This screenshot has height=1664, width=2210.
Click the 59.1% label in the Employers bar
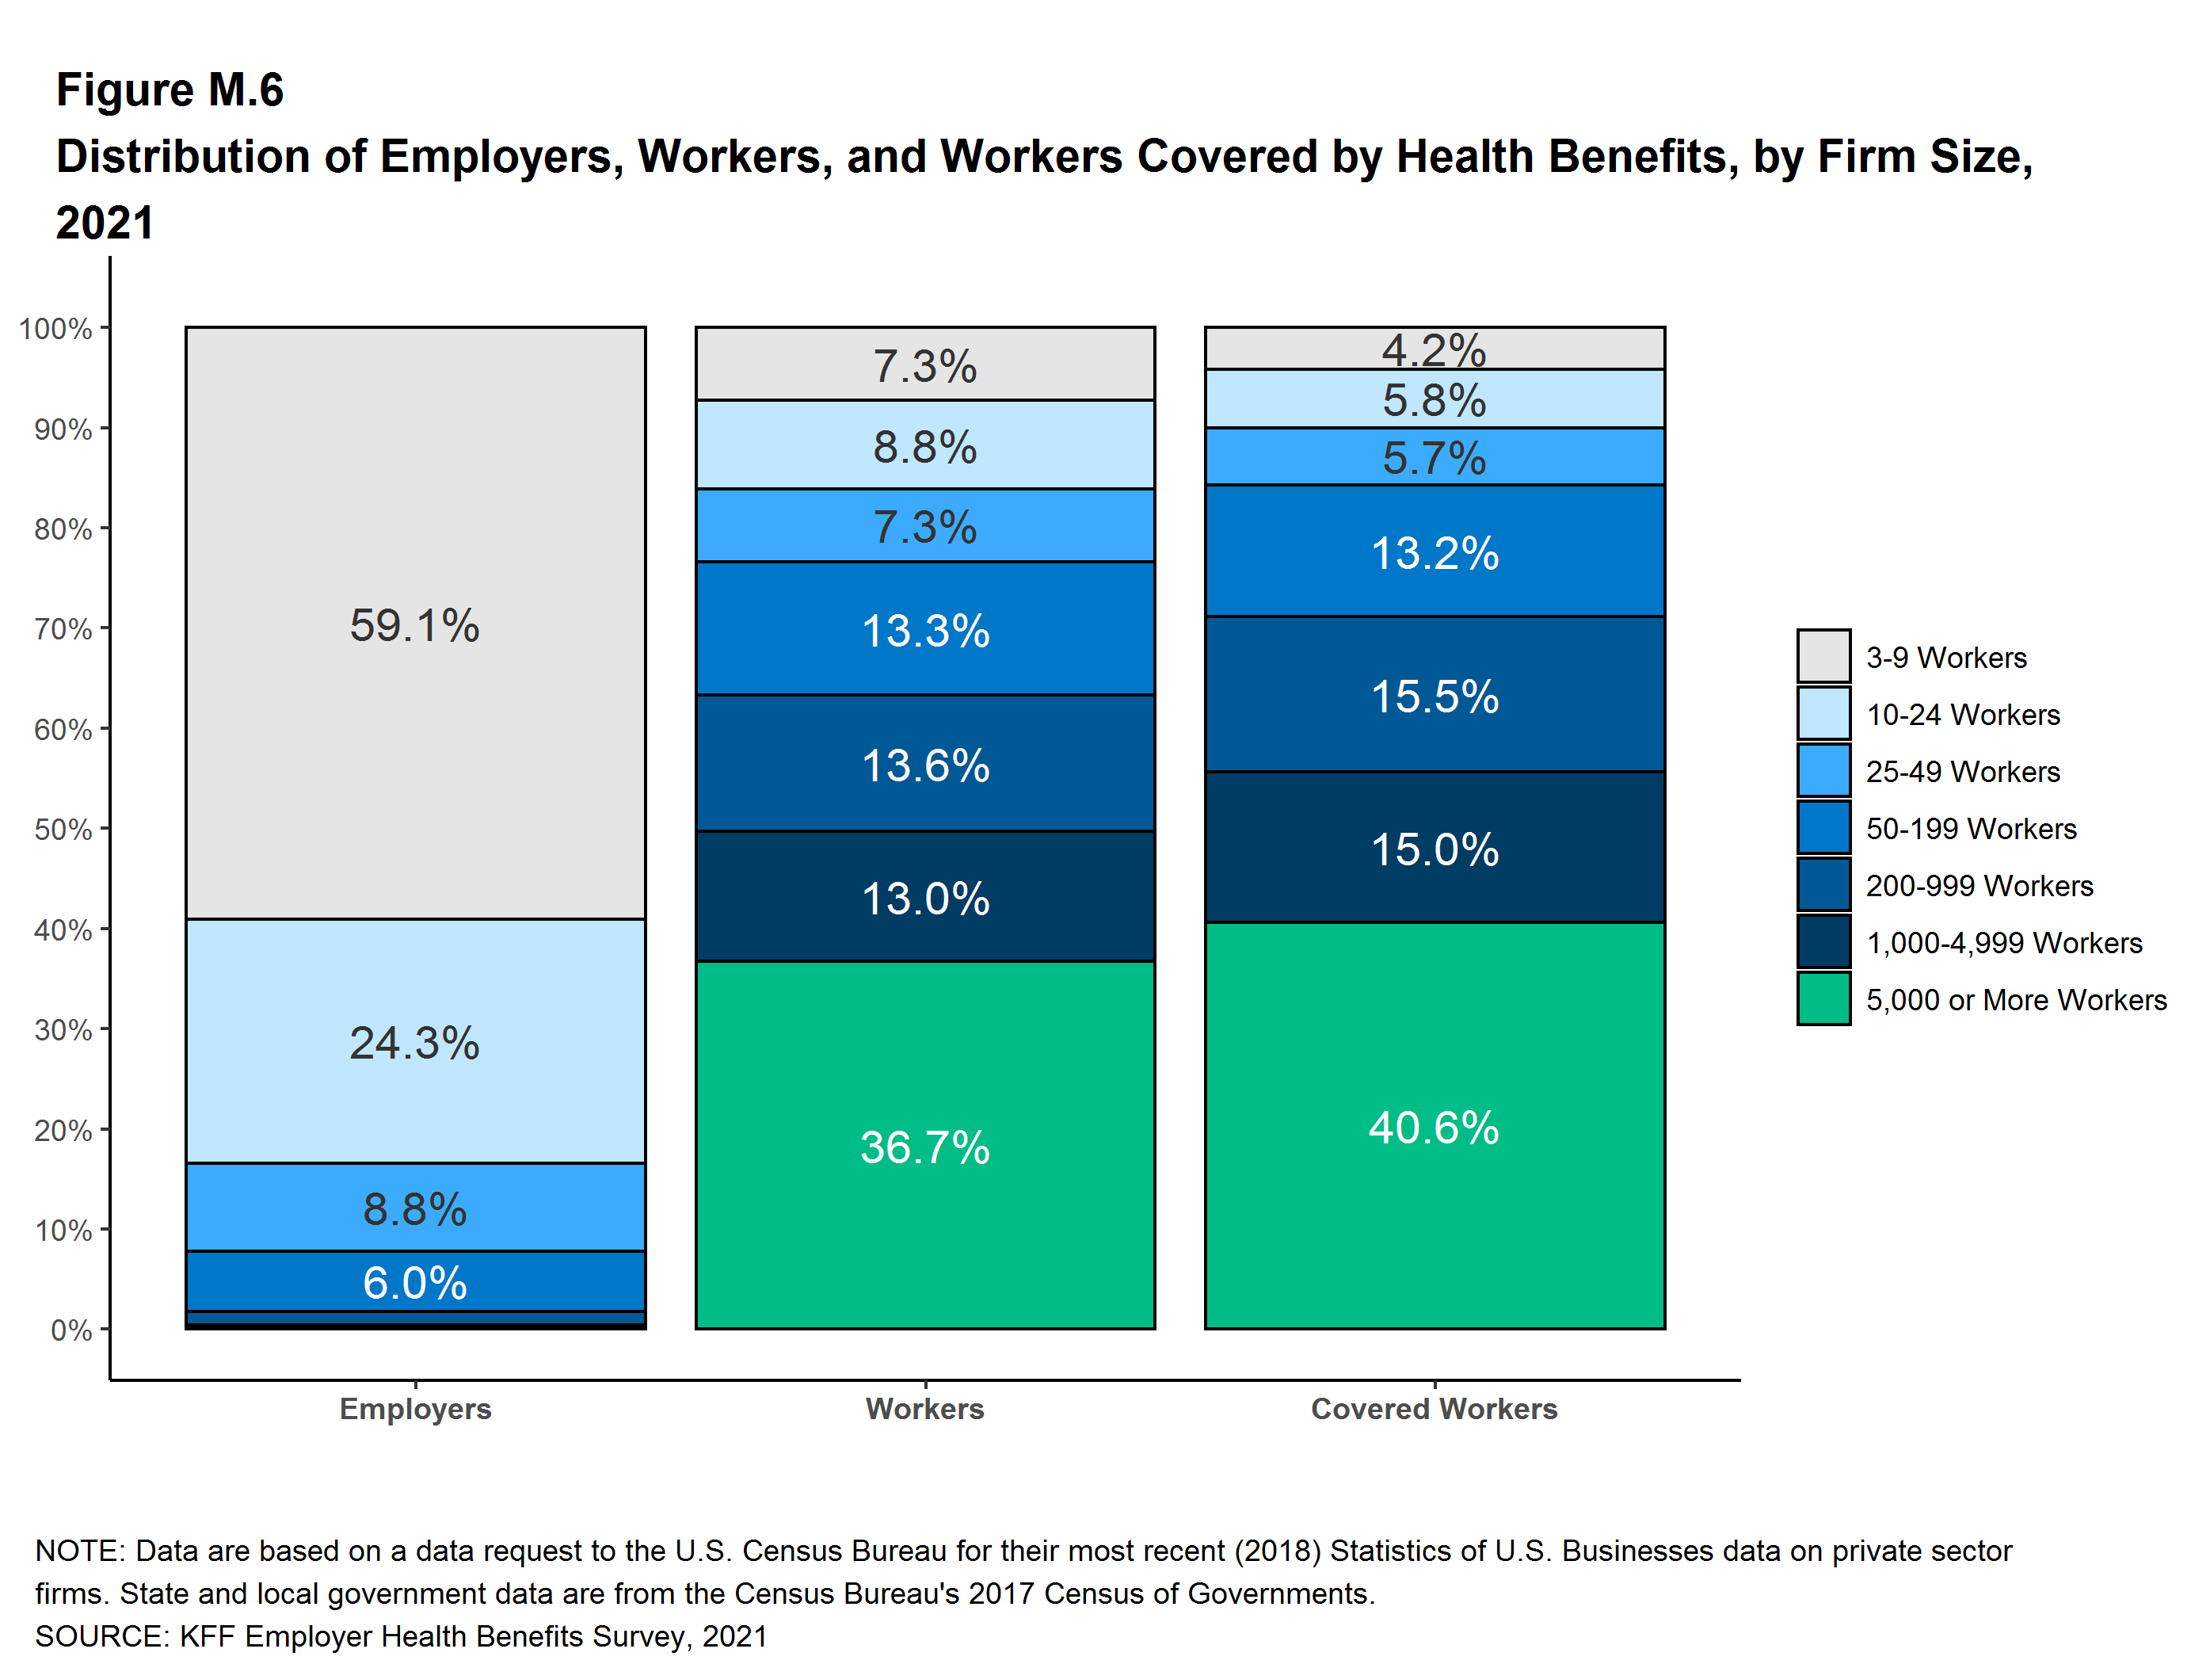pos(414,626)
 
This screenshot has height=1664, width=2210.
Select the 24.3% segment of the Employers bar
pos(414,1042)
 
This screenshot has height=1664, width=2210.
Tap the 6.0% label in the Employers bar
pos(414,1282)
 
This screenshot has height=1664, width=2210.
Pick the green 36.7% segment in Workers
pos(925,1147)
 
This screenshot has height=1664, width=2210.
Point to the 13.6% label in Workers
pos(925,765)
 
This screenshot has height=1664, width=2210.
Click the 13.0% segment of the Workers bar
pos(925,898)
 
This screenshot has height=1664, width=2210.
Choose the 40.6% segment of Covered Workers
pos(1434,1126)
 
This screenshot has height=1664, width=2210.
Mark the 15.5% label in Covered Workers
pos(1434,696)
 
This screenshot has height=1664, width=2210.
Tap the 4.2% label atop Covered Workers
pos(1434,349)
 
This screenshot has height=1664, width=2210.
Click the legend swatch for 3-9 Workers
pos(1823,657)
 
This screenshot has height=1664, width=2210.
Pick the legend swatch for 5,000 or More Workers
pos(1823,999)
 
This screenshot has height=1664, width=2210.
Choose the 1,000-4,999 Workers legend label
pos(2003,942)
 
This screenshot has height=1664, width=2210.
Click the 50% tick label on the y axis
pos(63,830)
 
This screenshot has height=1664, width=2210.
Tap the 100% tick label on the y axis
pos(56,329)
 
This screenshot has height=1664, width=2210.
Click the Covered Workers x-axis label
pos(1434,1408)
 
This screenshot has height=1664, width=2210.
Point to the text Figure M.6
pos(170,90)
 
